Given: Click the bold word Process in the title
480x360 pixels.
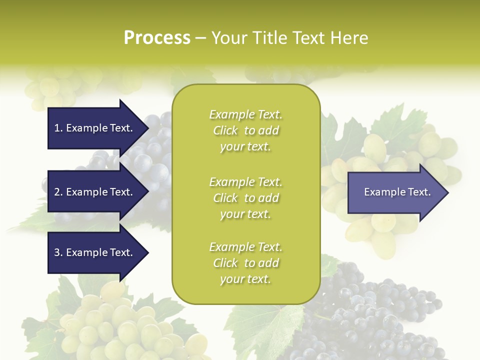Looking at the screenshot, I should [x=157, y=38].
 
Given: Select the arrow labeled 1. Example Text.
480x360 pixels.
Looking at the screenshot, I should [x=95, y=128].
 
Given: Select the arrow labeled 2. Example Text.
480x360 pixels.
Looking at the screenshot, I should [x=95, y=192].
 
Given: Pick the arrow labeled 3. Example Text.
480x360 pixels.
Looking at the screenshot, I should [x=95, y=252].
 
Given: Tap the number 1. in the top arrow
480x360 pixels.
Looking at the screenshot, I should [x=58, y=128].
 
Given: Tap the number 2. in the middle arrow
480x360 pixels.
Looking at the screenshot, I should [x=58, y=192].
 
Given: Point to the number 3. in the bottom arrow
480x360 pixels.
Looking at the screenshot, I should [x=58, y=252].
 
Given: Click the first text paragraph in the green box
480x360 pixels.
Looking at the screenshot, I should [x=245, y=130].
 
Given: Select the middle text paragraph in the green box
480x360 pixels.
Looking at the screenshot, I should [x=245, y=198].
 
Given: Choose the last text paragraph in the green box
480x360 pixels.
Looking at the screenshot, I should [x=245, y=263].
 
